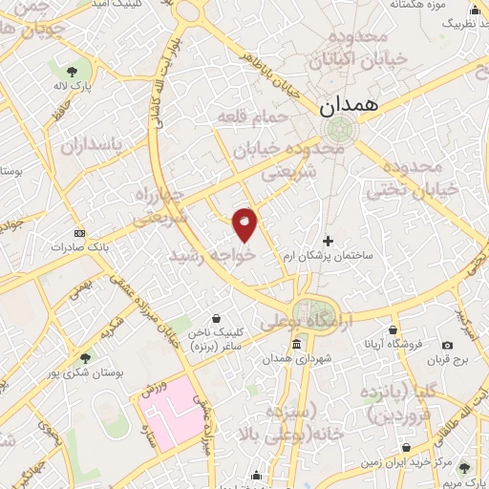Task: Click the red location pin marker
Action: click(245, 223)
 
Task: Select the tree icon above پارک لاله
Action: click(72, 69)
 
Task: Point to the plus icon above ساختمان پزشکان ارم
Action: click(329, 241)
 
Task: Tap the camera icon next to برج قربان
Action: click(448, 345)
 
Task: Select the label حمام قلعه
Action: click(244, 117)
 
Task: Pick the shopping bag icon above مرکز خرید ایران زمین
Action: click(407, 448)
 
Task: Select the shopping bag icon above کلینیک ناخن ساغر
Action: click(219, 317)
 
